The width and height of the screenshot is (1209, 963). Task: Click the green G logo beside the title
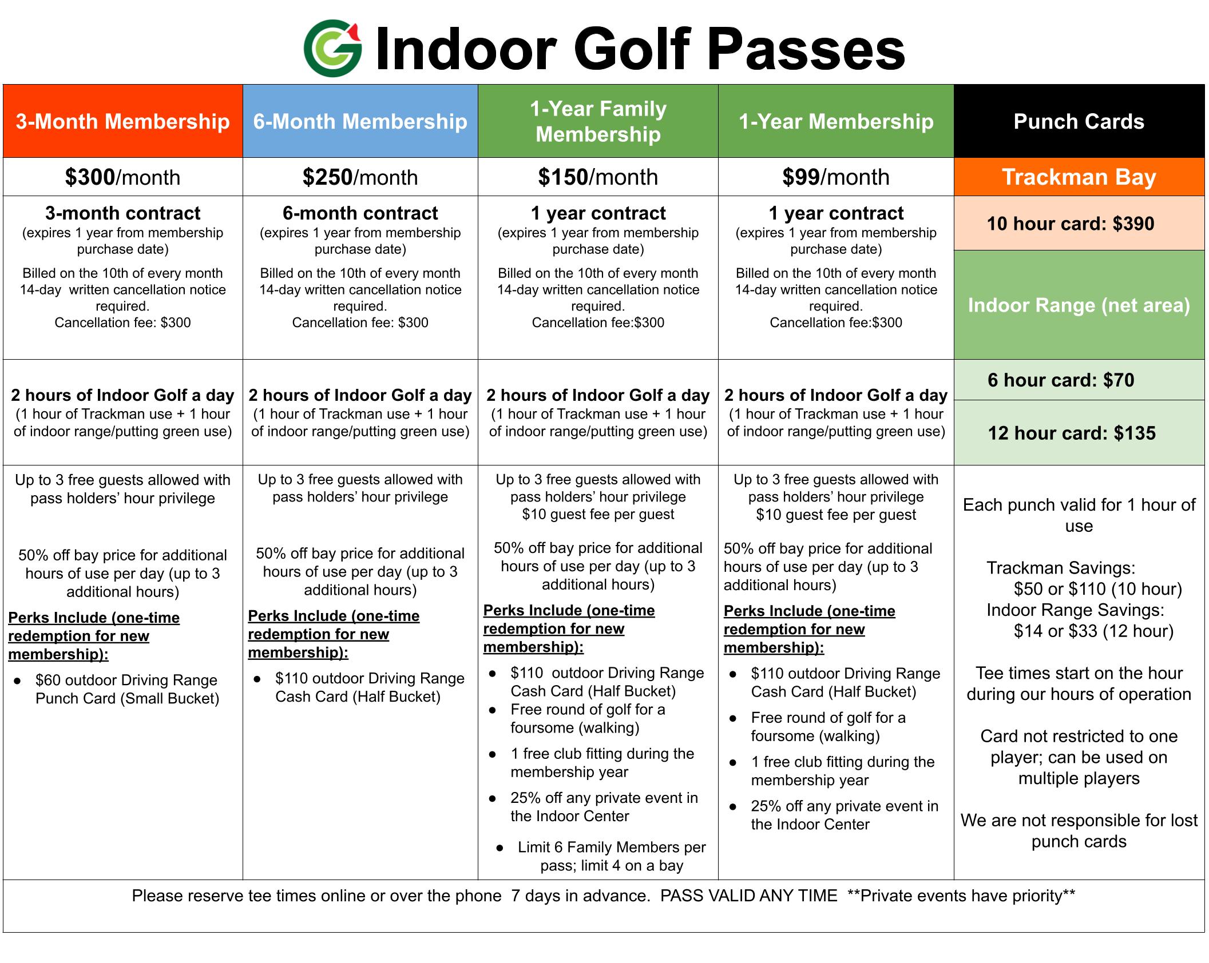tap(332, 49)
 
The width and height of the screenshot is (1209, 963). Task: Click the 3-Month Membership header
tap(123, 121)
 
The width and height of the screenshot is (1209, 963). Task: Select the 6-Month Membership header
tap(360, 121)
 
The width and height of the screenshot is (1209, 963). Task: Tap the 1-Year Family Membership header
tap(598, 121)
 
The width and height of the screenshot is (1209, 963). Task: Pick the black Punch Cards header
tap(1079, 121)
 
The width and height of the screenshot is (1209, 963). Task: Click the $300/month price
tap(123, 177)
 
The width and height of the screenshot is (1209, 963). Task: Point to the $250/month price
tap(360, 177)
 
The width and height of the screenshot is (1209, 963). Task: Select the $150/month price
tap(598, 177)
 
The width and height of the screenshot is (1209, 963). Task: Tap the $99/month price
tap(836, 177)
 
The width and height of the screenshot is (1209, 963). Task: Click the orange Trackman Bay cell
tap(1079, 177)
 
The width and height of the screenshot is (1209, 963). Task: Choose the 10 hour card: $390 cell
tap(1079, 223)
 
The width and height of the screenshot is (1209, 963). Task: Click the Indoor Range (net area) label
tap(1079, 305)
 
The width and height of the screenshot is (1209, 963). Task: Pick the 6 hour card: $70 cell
tap(1079, 380)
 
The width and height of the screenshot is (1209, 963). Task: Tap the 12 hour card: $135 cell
tap(1079, 433)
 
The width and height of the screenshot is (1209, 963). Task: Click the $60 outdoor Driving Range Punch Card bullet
tap(127, 689)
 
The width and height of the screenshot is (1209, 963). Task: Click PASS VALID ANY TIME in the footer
tap(748, 896)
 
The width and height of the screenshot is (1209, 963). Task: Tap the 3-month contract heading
tap(123, 213)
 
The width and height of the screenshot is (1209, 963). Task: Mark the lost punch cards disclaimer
tap(1079, 831)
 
